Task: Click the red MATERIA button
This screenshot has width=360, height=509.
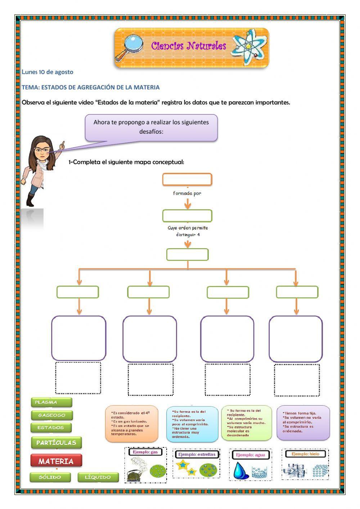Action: click(56, 461)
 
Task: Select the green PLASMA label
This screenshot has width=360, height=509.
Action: click(51, 402)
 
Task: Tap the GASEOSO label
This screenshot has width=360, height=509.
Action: click(52, 415)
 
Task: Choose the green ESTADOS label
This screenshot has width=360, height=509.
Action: click(51, 428)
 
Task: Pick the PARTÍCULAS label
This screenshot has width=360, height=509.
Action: click(56, 442)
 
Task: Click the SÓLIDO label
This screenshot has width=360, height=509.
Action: click(50, 477)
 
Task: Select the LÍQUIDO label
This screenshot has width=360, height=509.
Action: click(98, 477)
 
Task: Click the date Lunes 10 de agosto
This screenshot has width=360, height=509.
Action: click(48, 72)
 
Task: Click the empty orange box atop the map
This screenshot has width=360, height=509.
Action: click(187, 179)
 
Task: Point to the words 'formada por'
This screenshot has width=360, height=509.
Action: click(187, 193)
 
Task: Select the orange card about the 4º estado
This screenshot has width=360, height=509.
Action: click(131, 423)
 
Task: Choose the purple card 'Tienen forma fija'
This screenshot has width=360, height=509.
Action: click(303, 422)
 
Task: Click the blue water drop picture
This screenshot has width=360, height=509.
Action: click(238, 470)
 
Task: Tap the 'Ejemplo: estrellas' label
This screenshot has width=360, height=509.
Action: click(196, 454)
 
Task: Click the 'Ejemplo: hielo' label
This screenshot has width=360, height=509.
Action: click(305, 454)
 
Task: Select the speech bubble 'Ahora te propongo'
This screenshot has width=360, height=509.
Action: click(151, 127)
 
